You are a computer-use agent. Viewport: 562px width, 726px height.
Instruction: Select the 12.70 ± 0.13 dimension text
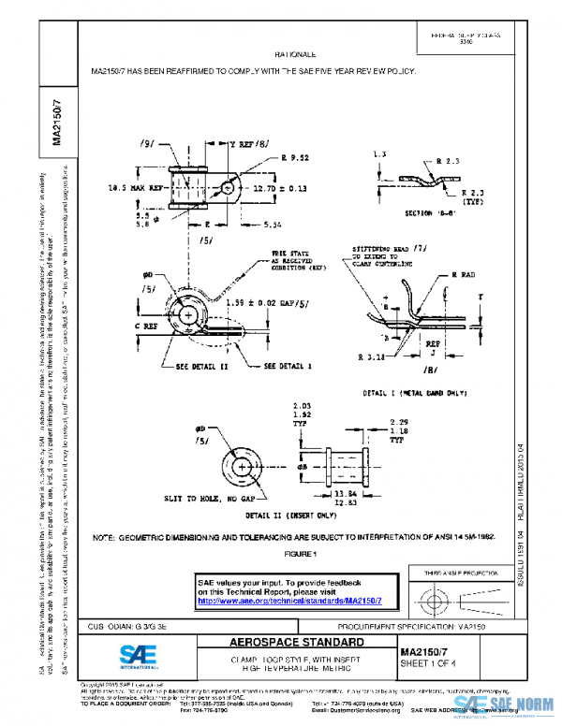[280, 188]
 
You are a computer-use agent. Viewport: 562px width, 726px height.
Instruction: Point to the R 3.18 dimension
[371, 356]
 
